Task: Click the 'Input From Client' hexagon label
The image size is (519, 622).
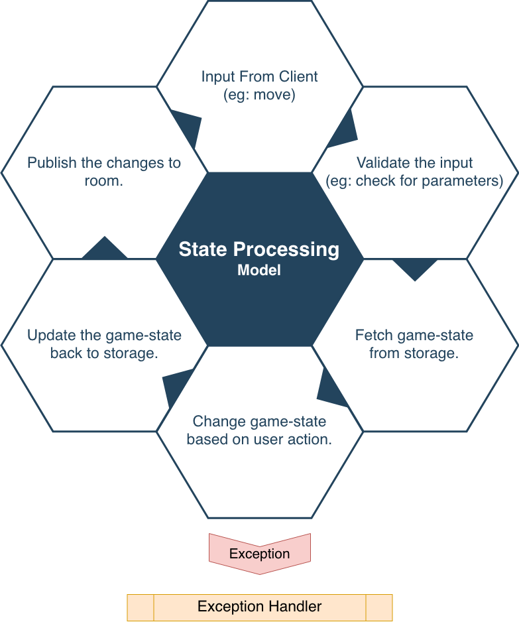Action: click(259, 77)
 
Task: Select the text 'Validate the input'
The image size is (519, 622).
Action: click(414, 163)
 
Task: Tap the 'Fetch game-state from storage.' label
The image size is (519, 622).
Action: click(414, 344)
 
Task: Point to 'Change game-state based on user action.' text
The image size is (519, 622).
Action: click(259, 430)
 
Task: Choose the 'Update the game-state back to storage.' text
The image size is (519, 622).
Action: click(104, 344)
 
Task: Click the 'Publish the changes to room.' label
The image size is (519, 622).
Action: click(104, 172)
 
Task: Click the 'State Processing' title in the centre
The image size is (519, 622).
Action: click(259, 250)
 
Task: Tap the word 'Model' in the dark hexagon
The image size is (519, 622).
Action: click(259, 271)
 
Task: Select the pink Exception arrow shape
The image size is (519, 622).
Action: click(259, 553)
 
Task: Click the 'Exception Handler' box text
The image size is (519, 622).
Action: click(259, 607)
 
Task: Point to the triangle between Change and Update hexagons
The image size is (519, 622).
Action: click(175, 385)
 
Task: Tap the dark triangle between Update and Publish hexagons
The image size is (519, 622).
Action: click(104, 249)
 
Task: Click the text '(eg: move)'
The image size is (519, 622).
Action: click(259, 94)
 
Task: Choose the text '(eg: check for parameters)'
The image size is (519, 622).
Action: click(414, 180)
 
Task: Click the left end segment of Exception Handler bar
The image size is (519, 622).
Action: click(141, 607)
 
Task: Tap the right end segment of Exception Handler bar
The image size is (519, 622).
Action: click(378, 607)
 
